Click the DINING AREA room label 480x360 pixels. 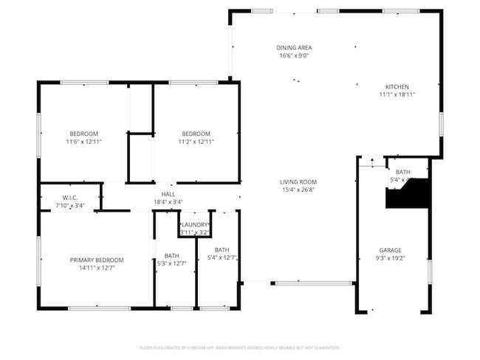(x=294, y=48)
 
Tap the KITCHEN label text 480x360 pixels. (x=394, y=86)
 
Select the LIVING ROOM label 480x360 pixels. (x=298, y=181)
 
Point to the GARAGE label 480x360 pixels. (x=390, y=250)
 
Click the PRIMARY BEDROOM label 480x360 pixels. (x=97, y=260)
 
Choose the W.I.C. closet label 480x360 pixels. (x=70, y=198)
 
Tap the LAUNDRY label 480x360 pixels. (x=195, y=224)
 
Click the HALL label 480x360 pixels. (x=168, y=193)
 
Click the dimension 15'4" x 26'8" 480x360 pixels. (x=298, y=190)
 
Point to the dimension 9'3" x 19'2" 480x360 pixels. (x=390, y=258)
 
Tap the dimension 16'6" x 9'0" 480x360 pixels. (x=294, y=56)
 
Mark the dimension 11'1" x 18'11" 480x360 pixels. (x=394, y=94)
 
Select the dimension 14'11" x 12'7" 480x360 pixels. (x=97, y=268)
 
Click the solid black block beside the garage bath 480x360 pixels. (x=411, y=195)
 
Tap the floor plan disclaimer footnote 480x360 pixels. (x=240, y=347)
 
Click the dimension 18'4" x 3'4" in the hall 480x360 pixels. (x=168, y=201)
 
